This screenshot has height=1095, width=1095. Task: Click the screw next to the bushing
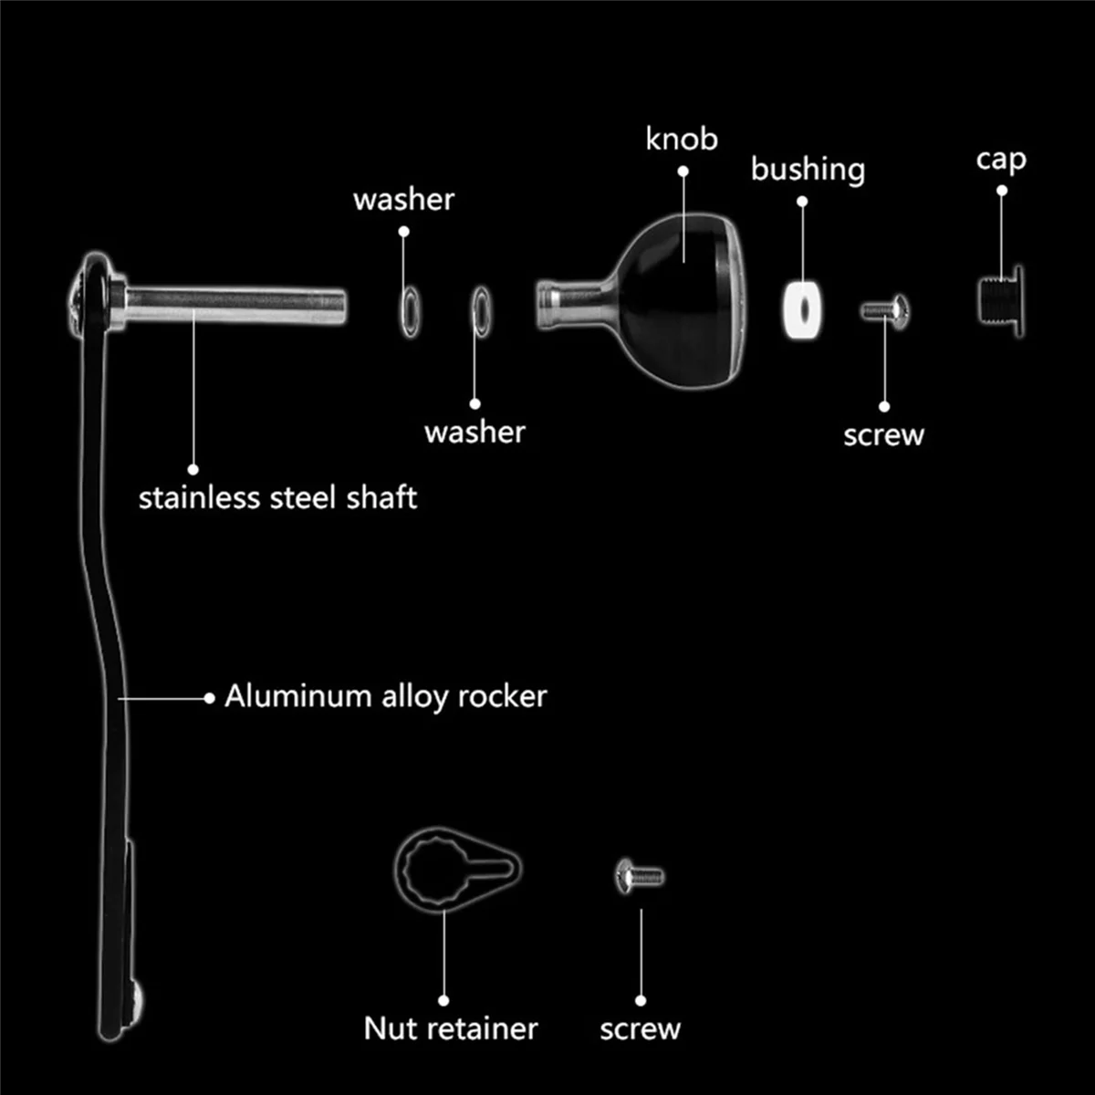point(884,311)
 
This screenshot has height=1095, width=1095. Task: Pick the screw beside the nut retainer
point(640,877)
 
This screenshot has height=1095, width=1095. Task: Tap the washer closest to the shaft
point(410,310)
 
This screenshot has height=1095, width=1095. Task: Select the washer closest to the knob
point(480,310)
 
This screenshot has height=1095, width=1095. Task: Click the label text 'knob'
point(682,139)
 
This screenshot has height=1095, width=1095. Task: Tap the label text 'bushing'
point(808,169)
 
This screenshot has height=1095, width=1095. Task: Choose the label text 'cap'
point(1001,160)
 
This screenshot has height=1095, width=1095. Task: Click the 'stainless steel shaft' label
point(277,497)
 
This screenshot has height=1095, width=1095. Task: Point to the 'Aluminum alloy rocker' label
point(385,696)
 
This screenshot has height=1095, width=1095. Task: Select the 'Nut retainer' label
point(451,1028)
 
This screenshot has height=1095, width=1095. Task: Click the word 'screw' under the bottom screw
point(640,1029)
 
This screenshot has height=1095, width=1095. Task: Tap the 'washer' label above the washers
point(403,199)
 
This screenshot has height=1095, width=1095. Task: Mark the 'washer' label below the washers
point(474,432)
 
